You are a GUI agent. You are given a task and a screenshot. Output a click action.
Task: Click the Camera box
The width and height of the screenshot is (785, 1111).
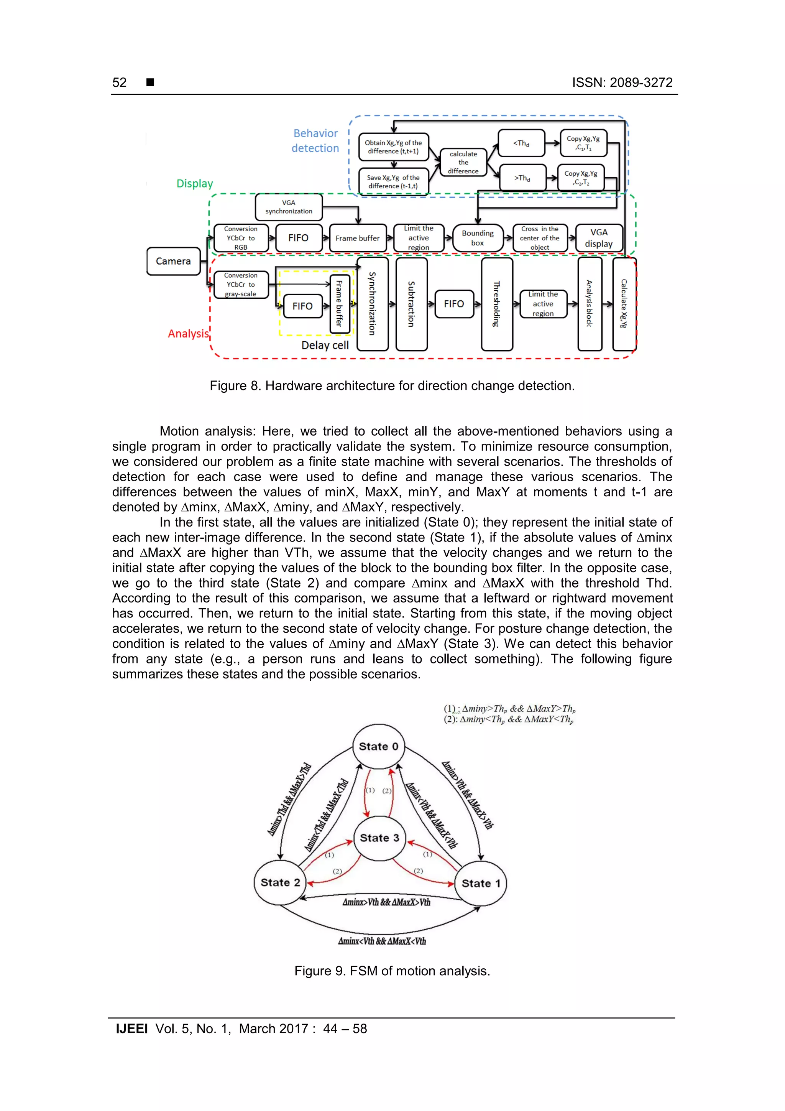pyautogui.click(x=173, y=261)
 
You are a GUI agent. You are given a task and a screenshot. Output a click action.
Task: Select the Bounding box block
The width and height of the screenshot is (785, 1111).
pyautogui.click(x=477, y=238)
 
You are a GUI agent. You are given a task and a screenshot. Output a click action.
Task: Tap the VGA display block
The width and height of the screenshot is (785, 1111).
pyautogui.click(x=599, y=238)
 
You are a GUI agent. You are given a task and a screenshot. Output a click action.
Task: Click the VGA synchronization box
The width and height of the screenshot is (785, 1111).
pyautogui.click(x=289, y=207)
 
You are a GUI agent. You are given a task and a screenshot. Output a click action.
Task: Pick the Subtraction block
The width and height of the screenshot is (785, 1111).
pyautogui.click(x=411, y=304)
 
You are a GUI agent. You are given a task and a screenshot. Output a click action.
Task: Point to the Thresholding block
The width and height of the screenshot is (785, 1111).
pyautogui.click(x=497, y=304)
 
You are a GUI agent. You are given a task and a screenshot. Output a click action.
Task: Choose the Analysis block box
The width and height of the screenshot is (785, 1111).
pyautogui.click(x=590, y=304)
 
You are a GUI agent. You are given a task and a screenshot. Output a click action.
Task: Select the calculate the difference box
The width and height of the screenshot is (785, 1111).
pyautogui.click(x=463, y=163)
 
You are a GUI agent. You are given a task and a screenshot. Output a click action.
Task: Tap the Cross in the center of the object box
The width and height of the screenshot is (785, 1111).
pyautogui.click(x=540, y=238)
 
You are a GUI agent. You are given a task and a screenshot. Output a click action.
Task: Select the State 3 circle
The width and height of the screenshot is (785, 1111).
pyautogui.click(x=380, y=838)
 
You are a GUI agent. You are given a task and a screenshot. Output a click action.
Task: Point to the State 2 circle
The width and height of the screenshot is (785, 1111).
pyautogui.click(x=280, y=882)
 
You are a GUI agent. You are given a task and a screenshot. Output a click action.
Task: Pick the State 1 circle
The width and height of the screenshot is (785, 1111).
pyautogui.click(x=481, y=884)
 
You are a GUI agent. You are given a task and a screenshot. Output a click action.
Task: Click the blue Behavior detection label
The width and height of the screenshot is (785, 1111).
pyautogui.click(x=315, y=141)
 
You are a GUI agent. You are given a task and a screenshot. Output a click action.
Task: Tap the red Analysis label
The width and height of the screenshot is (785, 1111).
pyautogui.click(x=188, y=334)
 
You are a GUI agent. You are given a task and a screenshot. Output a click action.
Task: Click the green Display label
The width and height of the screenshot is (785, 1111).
pyautogui.click(x=194, y=184)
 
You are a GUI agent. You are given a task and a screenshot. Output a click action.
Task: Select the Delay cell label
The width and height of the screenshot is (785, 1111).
pyautogui.click(x=325, y=346)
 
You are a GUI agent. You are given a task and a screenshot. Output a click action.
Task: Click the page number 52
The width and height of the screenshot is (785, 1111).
pyautogui.click(x=120, y=83)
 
